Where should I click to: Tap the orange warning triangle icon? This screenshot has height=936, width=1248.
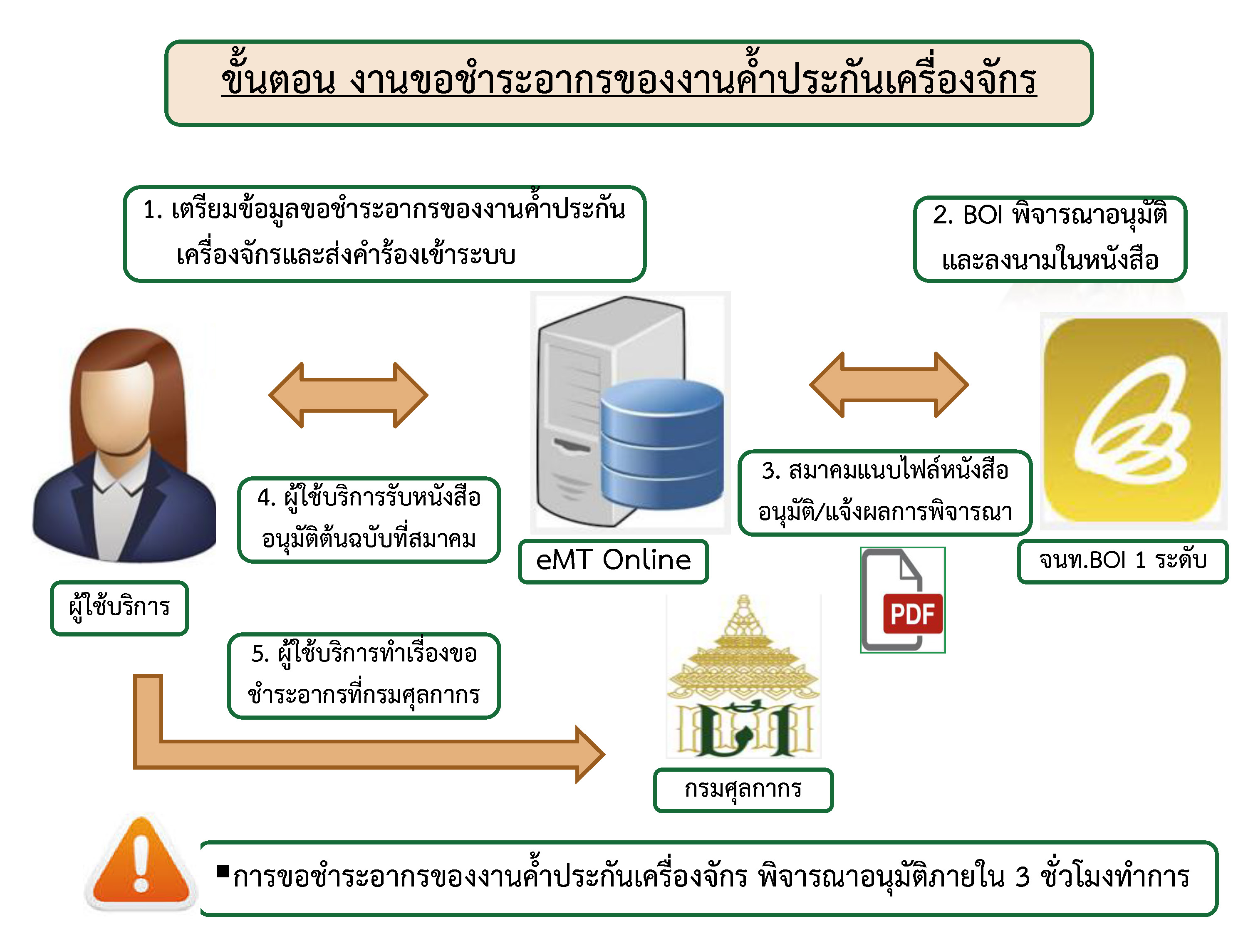click(141, 864)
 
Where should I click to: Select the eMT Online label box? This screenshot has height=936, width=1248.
click(613, 561)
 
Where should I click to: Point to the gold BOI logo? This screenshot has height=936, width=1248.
click(1133, 420)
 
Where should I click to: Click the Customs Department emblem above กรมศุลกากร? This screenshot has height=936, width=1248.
click(743, 676)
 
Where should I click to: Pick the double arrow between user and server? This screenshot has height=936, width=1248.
click(348, 395)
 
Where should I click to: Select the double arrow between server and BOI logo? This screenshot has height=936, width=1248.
click(889, 385)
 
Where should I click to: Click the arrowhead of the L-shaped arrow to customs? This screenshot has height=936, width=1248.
click(589, 754)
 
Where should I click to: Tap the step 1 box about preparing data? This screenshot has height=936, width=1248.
click(384, 233)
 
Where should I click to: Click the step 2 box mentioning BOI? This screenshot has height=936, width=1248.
click(1050, 238)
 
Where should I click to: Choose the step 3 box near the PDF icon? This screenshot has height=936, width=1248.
click(885, 492)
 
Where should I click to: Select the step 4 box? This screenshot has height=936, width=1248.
click(369, 519)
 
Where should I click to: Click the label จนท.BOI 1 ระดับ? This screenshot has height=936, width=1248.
click(1122, 561)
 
